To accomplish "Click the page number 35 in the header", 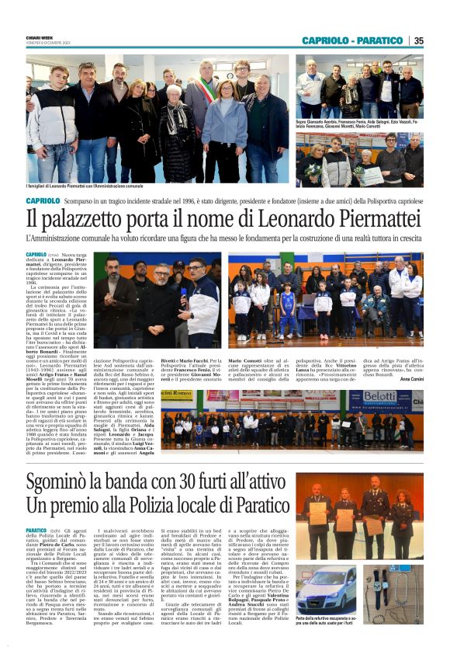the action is tap(418, 40).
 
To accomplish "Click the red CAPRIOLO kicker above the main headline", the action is tap(43, 200).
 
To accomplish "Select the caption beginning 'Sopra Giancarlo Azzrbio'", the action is tap(358, 123).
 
